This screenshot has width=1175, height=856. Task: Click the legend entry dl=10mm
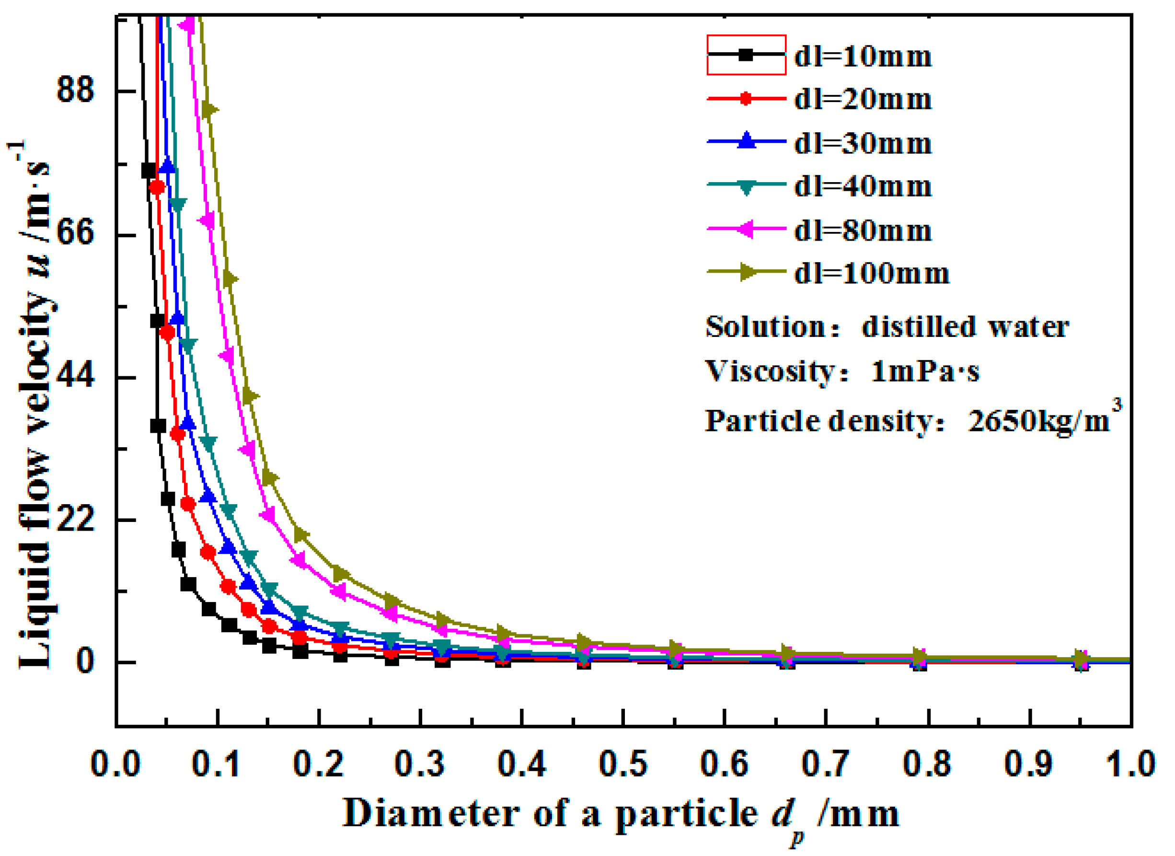click(x=863, y=56)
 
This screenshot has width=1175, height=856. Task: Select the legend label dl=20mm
click(x=863, y=99)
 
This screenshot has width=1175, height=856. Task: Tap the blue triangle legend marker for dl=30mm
click(x=747, y=141)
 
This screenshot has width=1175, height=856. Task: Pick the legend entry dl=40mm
click(x=863, y=186)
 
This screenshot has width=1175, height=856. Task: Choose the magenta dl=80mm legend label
click(x=863, y=231)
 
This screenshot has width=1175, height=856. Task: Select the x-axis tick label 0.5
click(x=623, y=764)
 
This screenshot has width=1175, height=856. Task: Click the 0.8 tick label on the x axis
click(x=927, y=764)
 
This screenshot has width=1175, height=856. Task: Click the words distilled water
click(x=965, y=327)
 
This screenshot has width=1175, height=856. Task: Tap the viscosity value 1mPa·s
click(x=925, y=371)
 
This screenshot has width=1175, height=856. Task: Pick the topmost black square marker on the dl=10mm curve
click(x=149, y=171)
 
